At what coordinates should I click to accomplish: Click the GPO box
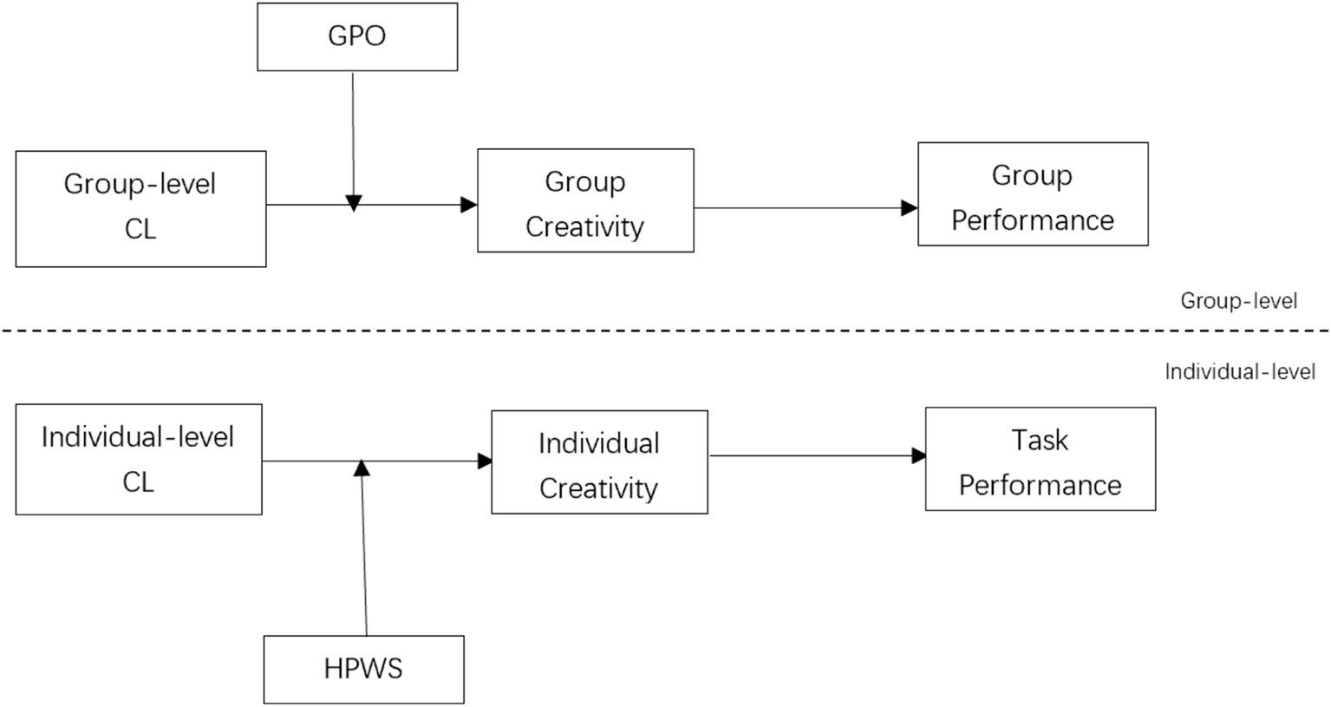357,36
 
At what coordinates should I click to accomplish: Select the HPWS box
363,669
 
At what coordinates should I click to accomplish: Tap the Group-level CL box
140,208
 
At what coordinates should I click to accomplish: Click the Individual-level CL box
139,459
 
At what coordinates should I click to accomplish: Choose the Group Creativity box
585,200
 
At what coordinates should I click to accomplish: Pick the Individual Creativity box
599,462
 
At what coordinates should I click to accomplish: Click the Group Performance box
1033,194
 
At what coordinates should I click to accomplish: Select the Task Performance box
1040,458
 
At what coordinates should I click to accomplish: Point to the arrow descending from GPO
353,139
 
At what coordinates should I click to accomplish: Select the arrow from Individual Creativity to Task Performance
815,455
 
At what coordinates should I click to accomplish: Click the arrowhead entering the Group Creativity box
469,205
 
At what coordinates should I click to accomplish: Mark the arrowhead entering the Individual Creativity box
485,462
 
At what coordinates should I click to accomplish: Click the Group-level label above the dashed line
1238,301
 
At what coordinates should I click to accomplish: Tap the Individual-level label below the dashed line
1240,372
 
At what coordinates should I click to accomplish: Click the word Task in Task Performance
1040,440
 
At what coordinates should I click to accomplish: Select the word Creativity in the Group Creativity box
585,226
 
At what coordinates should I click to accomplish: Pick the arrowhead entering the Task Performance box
918,455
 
